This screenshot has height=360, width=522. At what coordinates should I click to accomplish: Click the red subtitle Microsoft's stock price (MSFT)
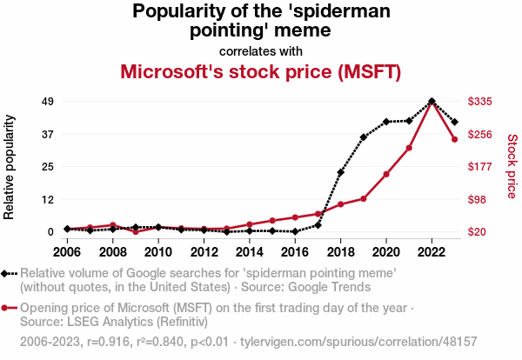(x=260, y=71)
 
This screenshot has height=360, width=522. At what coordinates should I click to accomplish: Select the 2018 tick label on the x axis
(x=340, y=252)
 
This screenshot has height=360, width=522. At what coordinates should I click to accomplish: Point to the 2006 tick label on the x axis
(x=67, y=252)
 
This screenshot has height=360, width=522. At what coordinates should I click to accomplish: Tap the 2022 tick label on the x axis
(x=432, y=252)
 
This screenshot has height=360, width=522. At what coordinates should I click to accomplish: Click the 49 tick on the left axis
(x=48, y=102)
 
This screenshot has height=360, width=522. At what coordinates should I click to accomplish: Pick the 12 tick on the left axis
(x=48, y=199)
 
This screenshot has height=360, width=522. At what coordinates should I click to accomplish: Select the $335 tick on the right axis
(x=481, y=102)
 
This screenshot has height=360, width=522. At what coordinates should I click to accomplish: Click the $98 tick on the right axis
(x=478, y=199)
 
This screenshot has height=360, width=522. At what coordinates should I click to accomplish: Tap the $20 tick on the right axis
(x=478, y=232)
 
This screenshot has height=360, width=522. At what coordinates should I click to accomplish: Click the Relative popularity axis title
(x=10, y=165)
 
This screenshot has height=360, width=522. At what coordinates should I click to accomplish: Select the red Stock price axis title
(x=512, y=165)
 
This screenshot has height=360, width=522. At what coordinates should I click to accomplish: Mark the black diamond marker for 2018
(x=340, y=172)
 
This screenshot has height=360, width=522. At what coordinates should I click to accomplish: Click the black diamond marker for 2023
(x=454, y=122)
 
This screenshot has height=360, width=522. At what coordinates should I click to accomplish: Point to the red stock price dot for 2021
(x=409, y=148)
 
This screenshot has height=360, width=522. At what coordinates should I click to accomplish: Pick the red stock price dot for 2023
(x=454, y=139)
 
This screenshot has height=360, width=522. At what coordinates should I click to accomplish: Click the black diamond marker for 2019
(x=364, y=137)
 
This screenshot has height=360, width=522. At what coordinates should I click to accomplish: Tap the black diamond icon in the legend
(x=7, y=273)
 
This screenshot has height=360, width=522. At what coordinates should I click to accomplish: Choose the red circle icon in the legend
(x=7, y=308)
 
